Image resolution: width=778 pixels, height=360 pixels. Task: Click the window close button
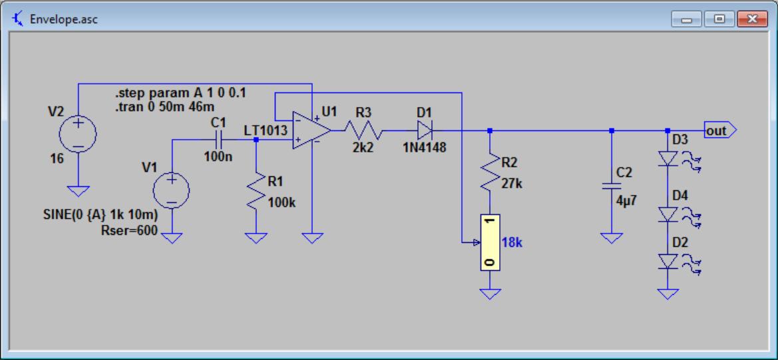point(752,19)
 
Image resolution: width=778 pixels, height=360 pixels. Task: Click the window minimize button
point(686,19)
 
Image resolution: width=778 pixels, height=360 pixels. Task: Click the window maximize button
point(719,19)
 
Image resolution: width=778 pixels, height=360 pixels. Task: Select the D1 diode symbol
point(425,130)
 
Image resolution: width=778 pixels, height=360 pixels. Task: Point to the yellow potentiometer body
point(490,242)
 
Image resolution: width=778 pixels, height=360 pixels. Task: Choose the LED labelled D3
point(668,158)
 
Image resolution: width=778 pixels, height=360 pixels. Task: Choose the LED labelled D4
point(668,214)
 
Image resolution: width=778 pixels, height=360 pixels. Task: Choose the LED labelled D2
point(668,261)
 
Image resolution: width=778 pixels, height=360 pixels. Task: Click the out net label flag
point(717,130)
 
